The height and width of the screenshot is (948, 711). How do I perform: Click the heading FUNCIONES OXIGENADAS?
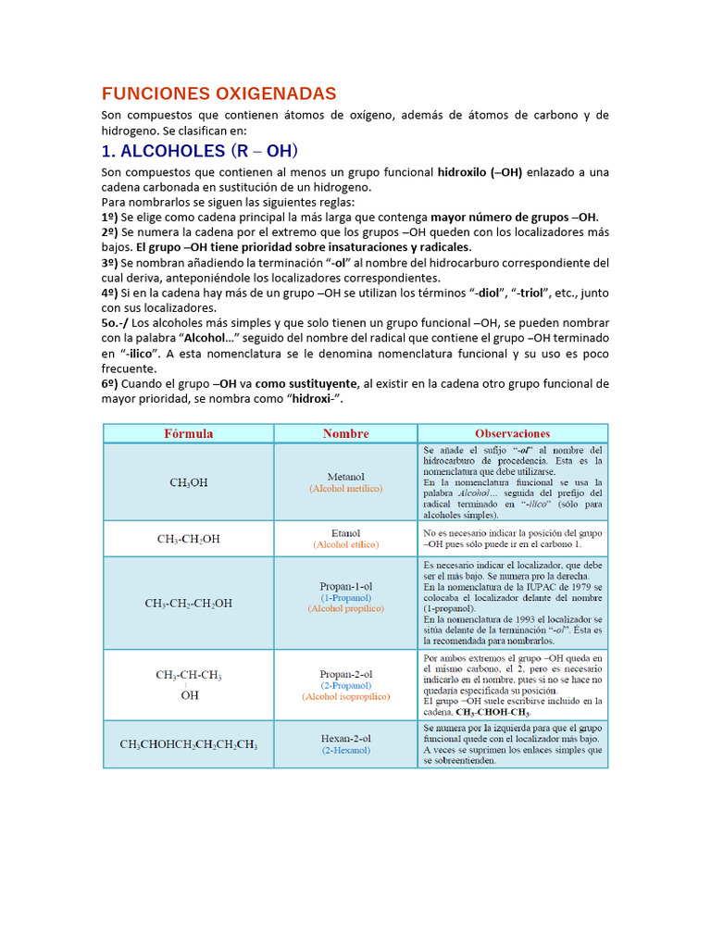click(x=218, y=94)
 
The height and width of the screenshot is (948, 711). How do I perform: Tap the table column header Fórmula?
click(x=188, y=433)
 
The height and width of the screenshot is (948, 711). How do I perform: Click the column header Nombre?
click(x=345, y=433)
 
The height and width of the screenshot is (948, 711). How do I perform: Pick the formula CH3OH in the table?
click(x=189, y=482)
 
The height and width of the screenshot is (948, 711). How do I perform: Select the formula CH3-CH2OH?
click(x=189, y=539)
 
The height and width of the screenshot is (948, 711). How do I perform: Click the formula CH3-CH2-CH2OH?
click(x=189, y=604)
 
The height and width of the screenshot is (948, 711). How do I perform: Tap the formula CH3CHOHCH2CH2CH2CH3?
click(x=189, y=744)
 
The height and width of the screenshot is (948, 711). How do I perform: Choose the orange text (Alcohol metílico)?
click(x=345, y=488)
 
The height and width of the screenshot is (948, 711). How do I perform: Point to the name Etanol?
click(x=345, y=532)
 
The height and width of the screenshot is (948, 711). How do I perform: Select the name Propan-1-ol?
click(x=345, y=586)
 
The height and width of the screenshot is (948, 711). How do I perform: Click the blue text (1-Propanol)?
click(x=345, y=597)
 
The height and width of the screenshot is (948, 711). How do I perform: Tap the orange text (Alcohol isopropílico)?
click(x=345, y=696)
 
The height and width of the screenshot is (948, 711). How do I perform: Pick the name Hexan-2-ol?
click(x=345, y=738)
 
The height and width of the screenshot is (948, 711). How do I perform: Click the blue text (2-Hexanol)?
click(x=345, y=750)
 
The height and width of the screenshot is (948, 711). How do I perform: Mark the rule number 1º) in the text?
click(x=109, y=217)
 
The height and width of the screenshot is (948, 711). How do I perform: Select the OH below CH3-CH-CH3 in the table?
click(x=189, y=695)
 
